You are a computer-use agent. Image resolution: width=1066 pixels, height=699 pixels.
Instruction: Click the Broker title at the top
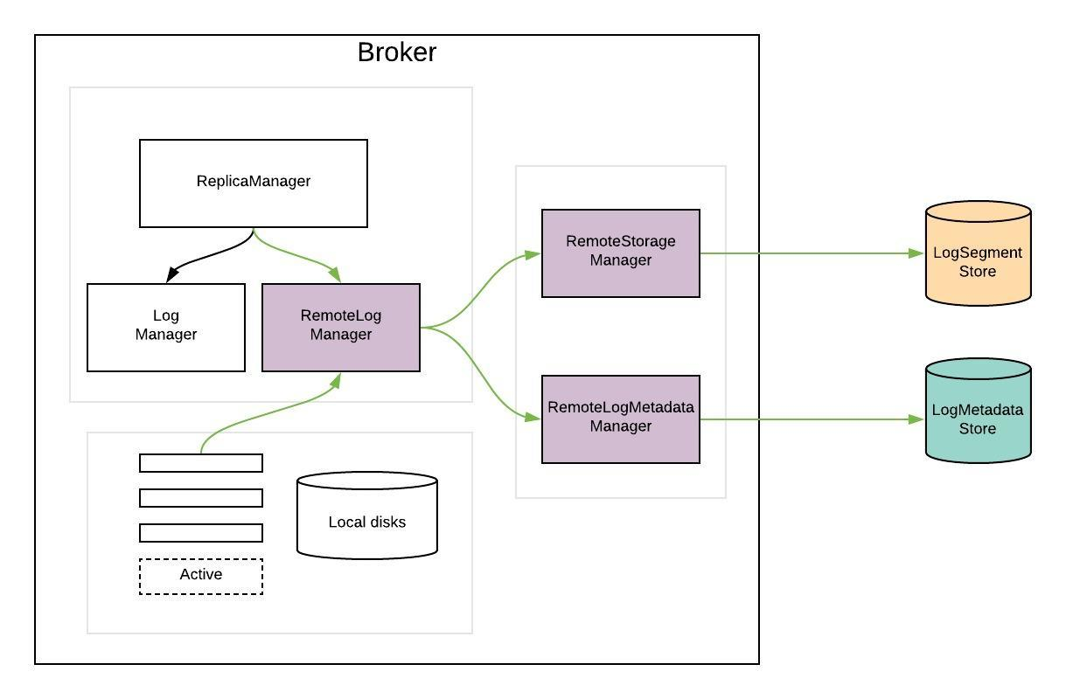pos(396,52)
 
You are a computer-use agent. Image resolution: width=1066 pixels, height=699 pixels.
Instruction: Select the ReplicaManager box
pos(254,183)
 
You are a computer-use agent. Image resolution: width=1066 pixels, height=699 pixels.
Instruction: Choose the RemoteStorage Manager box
pos(621,253)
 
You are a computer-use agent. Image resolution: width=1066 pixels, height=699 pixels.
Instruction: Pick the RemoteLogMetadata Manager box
pos(621,419)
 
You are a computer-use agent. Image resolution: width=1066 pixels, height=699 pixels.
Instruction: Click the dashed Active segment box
pos(201,576)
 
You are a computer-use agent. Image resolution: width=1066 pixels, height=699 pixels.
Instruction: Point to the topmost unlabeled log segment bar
pos(201,462)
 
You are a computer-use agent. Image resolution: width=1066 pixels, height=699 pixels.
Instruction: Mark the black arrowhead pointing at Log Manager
pos(172,275)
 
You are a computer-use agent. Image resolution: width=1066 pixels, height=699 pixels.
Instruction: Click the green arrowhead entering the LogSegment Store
pos(917,253)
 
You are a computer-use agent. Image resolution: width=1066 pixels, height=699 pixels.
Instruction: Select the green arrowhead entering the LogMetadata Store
pos(917,419)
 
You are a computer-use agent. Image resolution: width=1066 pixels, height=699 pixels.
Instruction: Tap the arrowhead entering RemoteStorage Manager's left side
pos(533,254)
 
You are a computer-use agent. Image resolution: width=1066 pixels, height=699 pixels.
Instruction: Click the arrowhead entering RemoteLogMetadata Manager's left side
pos(533,419)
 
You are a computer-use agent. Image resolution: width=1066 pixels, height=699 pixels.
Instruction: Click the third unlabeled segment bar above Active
pos(201,532)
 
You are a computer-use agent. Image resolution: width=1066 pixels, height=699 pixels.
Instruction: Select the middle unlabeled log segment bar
pos(201,497)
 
